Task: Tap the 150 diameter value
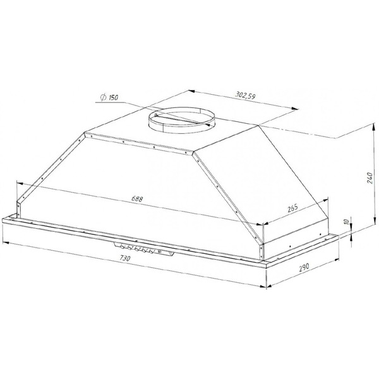pyautogui.click(x=114, y=100)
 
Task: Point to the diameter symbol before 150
pyautogui.click(x=102, y=97)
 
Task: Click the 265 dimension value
pyautogui.click(x=292, y=207)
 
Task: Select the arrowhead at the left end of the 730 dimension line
pyautogui.click(x=5, y=241)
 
